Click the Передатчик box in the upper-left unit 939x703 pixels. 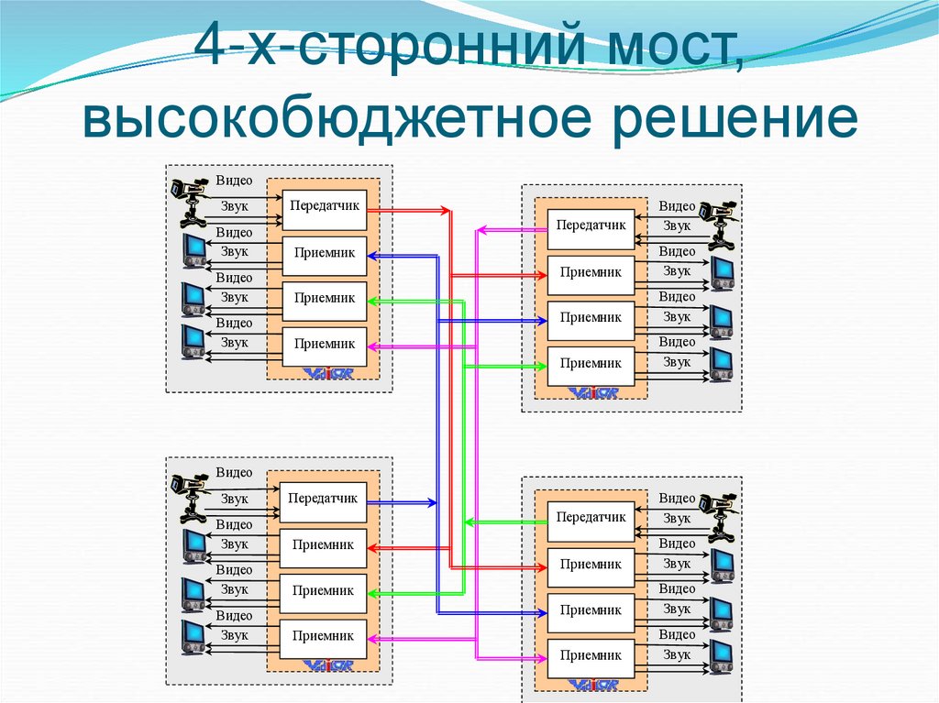[325, 208]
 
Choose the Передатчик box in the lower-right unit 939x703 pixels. [591, 518]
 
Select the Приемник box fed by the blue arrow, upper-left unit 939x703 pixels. [325, 254]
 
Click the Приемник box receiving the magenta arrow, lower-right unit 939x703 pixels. [591, 655]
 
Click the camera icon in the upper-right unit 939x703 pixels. [717, 223]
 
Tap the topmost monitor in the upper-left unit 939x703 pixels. [193, 250]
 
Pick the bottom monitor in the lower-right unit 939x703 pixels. [722, 654]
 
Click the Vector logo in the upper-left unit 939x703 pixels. [324, 372]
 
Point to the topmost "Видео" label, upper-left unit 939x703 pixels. [234, 181]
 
